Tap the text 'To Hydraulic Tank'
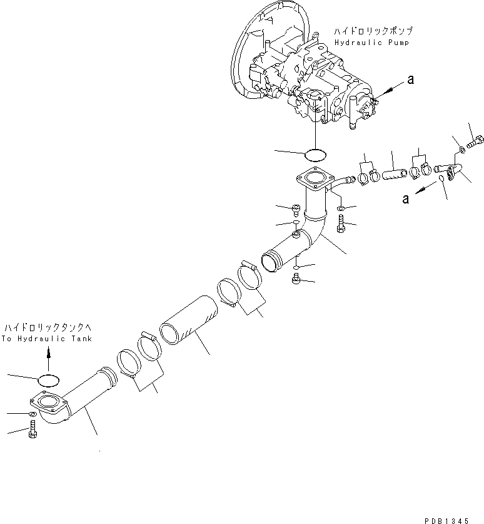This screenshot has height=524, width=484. click(46, 339)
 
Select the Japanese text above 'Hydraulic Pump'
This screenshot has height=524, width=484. click(373, 30)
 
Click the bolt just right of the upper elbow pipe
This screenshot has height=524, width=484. click(340, 221)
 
